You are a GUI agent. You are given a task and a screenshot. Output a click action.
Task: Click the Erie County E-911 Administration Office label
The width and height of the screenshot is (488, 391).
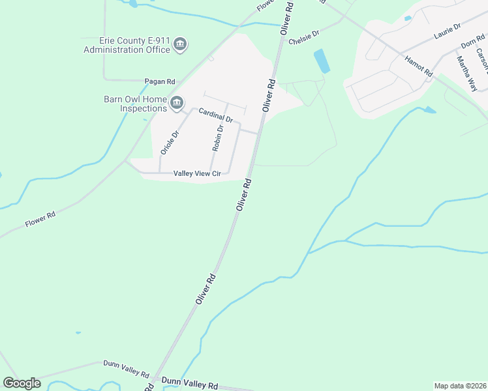(x=127, y=45)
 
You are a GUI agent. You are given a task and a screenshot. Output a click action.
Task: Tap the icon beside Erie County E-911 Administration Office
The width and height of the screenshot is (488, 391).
(x=181, y=45)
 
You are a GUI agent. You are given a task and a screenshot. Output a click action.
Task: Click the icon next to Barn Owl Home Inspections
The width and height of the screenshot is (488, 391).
(x=177, y=103)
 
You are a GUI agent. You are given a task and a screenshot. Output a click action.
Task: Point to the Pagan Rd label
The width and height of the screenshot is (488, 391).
(x=160, y=81)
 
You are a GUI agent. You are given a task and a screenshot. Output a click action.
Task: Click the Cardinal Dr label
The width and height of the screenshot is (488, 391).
(x=216, y=115)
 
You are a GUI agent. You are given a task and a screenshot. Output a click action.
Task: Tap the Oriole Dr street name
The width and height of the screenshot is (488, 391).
(x=169, y=143)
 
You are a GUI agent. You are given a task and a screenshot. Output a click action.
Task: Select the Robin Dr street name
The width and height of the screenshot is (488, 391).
(x=218, y=138)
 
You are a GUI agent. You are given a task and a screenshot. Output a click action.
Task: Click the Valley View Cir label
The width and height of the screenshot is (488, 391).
(x=198, y=173)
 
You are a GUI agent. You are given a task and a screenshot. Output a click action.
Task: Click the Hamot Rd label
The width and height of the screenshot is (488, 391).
(x=418, y=66)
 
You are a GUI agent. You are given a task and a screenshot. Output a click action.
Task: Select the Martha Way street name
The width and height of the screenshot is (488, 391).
(x=466, y=73)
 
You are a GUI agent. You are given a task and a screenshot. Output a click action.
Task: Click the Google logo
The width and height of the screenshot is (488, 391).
(x=22, y=383)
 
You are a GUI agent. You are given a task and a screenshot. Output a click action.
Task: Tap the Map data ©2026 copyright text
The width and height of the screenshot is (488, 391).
(x=460, y=386)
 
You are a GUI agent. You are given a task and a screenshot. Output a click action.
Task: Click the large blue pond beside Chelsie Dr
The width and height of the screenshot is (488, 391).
(x=322, y=61)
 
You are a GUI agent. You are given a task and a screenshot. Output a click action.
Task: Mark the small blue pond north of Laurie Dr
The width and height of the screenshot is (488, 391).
(x=408, y=18)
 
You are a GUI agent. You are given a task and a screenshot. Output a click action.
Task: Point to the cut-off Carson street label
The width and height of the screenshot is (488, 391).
(x=483, y=63)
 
